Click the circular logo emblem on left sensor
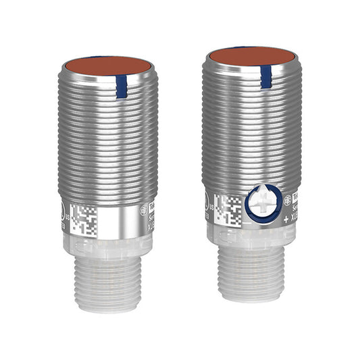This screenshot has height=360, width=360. tap(143, 210)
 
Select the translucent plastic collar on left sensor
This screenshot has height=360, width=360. tap(108, 245)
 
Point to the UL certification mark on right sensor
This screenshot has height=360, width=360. tap(207, 200)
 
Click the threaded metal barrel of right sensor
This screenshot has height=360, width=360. tap(251, 135)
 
